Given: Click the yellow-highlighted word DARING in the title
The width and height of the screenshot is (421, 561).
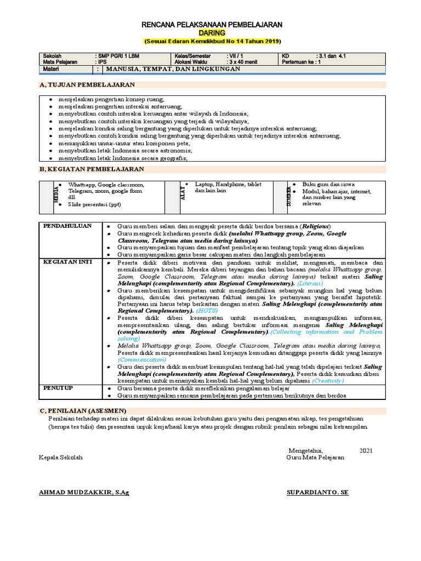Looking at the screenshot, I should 212,33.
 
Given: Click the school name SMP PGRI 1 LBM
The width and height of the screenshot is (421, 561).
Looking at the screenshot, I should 119,56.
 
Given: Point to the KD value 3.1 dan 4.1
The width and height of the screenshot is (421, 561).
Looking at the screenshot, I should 331,56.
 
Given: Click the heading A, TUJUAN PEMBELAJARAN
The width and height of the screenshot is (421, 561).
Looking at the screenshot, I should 87,85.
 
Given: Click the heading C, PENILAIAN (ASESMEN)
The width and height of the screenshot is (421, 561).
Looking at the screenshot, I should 83,410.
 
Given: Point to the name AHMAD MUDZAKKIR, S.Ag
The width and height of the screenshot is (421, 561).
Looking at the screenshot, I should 84,492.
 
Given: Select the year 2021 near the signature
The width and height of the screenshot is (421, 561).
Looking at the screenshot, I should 366,450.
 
